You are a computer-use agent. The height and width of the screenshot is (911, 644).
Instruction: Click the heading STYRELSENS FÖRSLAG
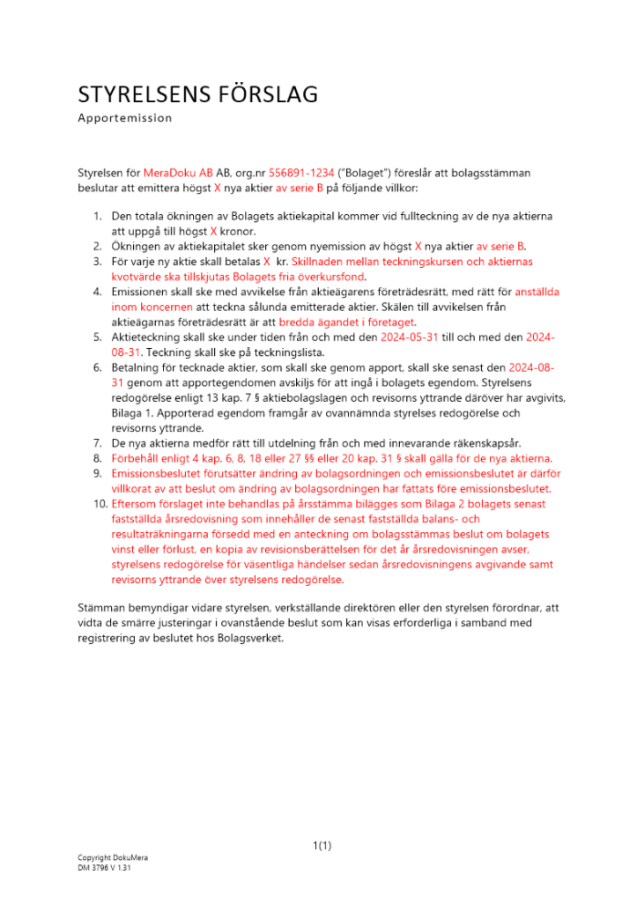click(198, 95)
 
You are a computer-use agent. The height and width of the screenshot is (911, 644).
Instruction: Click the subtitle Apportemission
click(125, 118)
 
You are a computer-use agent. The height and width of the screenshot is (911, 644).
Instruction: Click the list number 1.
click(99, 217)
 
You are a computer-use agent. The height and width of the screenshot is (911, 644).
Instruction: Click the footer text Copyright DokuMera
click(113, 858)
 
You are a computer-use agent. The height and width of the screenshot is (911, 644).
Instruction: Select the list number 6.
click(99, 367)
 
